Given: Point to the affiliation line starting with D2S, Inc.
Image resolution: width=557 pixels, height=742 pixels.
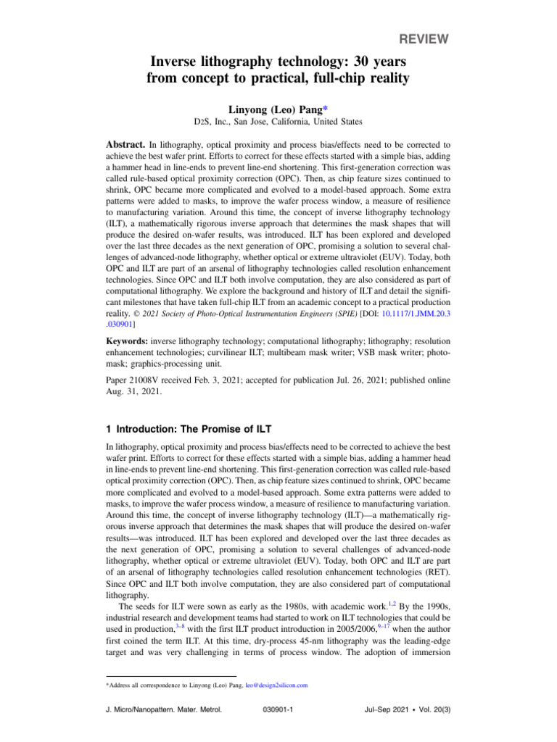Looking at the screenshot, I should click(278, 122).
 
